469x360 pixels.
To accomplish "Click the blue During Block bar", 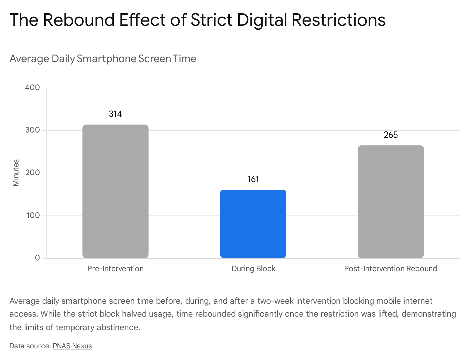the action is pyautogui.click(x=253, y=224).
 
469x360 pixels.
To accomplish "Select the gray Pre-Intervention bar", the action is pyautogui.click(x=115, y=191).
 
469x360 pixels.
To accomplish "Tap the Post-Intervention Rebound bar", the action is pyautogui.click(x=391, y=202).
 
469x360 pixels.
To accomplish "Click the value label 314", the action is pyautogui.click(x=115, y=114).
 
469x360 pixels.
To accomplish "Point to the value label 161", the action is pyautogui.click(x=253, y=179).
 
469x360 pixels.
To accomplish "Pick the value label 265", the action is pyautogui.click(x=391, y=135).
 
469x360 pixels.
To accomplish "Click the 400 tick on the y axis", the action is pyautogui.click(x=32, y=87).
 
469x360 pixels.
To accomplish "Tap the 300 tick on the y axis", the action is pyautogui.click(x=33, y=130).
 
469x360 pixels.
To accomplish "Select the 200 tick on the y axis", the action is pyautogui.click(x=33, y=172).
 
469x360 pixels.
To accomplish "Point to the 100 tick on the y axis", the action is pyautogui.click(x=33, y=215).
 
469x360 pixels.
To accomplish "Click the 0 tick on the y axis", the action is pyautogui.click(x=37, y=258).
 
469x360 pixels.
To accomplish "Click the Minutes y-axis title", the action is pyautogui.click(x=16, y=173).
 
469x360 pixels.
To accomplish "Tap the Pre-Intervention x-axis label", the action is pyautogui.click(x=115, y=269).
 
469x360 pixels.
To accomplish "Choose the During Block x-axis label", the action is pyautogui.click(x=253, y=269).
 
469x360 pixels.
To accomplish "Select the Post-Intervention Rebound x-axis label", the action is pyautogui.click(x=390, y=269).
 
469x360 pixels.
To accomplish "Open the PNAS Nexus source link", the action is pyautogui.click(x=72, y=346).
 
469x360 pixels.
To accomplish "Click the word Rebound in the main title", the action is pyautogui.click(x=79, y=20).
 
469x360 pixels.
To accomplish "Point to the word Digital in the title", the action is pyautogui.click(x=262, y=20).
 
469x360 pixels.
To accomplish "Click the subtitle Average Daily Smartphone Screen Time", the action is pyautogui.click(x=103, y=59).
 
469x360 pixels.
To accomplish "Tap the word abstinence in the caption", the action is pyautogui.click(x=118, y=327).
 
